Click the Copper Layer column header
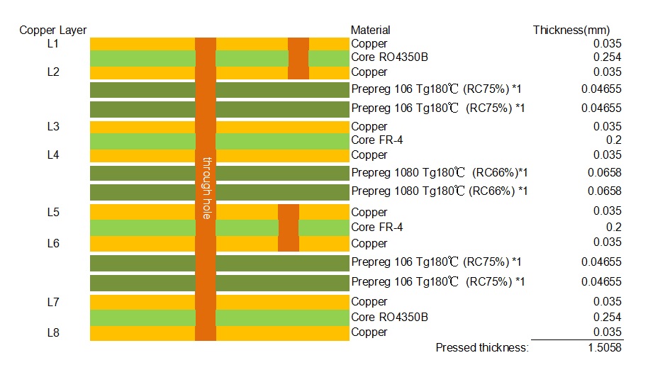point(53,30)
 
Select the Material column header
point(370,30)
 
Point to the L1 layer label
point(52,44)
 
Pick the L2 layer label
point(52,72)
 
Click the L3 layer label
point(52,126)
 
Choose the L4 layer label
point(52,155)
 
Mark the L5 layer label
point(52,212)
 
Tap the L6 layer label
point(52,243)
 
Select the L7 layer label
point(52,302)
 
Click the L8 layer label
point(52,332)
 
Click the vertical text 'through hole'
point(206,187)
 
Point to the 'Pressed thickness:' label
point(482,347)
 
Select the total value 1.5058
point(605,347)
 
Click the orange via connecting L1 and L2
point(298,57)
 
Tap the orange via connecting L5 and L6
point(289,228)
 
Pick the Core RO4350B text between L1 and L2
point(389,57)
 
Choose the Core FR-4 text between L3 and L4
point(377,140)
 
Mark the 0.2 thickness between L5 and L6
point(614,228)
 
